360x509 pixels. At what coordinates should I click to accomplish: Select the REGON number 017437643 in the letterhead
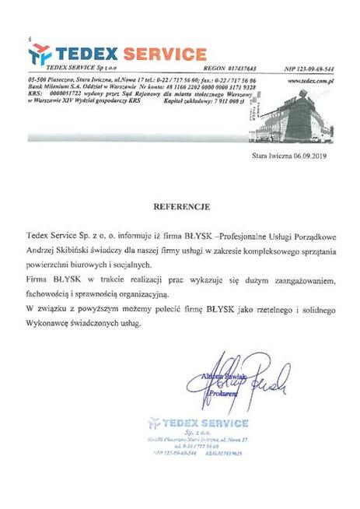(239, 68)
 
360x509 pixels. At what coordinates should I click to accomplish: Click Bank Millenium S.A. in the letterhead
(59, 87)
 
